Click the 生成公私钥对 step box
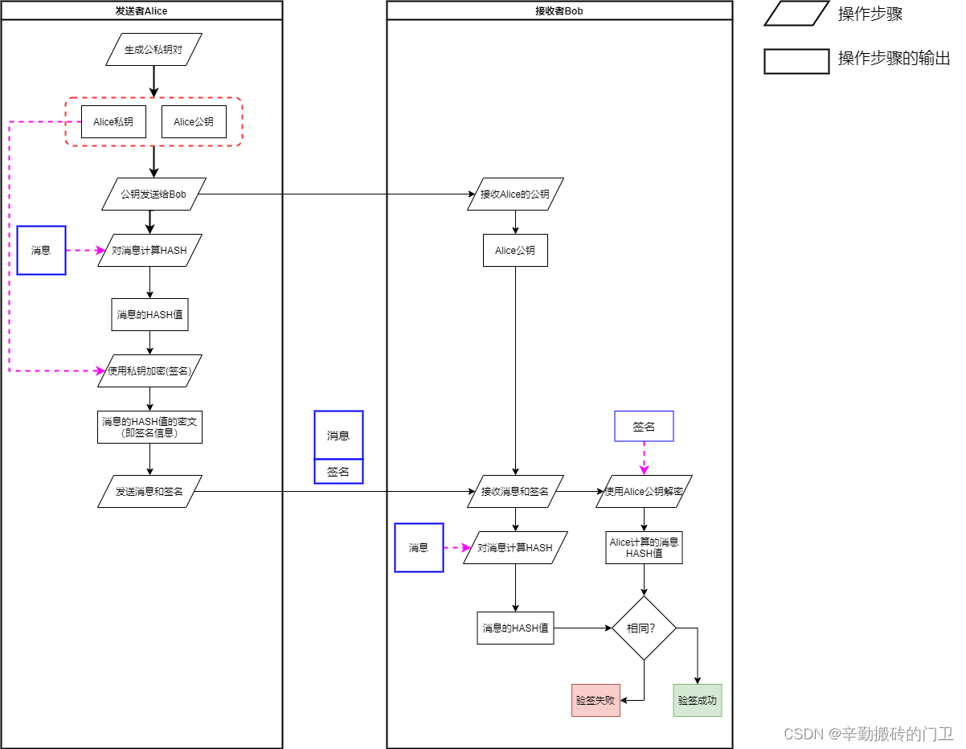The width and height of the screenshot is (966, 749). point(153,50)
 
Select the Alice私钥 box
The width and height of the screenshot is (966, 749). point(113,122)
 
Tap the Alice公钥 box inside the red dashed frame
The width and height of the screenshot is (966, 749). point(194,122)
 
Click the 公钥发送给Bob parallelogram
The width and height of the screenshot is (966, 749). point(153,194)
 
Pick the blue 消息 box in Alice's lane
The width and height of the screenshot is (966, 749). point(41,251)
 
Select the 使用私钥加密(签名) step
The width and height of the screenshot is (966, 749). point(149,371)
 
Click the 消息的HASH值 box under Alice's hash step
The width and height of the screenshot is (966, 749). point(149,315)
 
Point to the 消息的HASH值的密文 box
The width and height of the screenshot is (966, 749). point(149,428)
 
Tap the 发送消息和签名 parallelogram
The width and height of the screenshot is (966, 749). point(149,492)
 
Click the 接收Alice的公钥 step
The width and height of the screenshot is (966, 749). point(515,194)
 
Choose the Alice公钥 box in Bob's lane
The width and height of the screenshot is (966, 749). point(515,251)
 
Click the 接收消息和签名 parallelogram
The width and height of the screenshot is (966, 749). point(515,492)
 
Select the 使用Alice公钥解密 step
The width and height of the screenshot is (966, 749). point(644,492)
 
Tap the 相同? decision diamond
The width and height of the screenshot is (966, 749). point(644,628)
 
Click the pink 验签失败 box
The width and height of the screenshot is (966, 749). point(596,701)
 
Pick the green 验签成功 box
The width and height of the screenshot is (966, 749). point(697,701)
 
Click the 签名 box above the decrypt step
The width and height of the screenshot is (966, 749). point(644,427)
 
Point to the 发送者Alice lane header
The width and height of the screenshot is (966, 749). point(141,10)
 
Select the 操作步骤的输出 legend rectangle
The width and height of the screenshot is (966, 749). point(796,61)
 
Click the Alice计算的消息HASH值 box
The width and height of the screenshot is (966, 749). point(644,548)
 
